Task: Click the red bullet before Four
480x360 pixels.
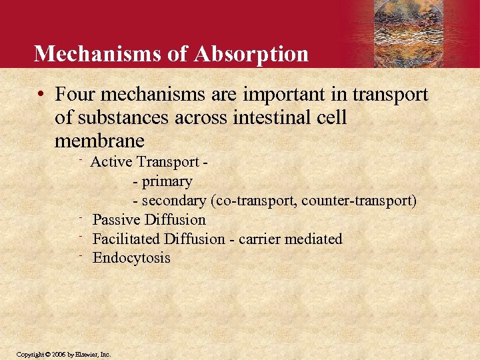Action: tap(41, 95)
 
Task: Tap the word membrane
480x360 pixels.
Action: tap(99, 141)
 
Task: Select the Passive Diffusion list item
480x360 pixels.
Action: tap(149, 220)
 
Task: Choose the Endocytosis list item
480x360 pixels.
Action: tap(131, 258)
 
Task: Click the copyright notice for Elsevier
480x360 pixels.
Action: tap(63, 354)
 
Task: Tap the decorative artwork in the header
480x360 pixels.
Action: tap(416, 33)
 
